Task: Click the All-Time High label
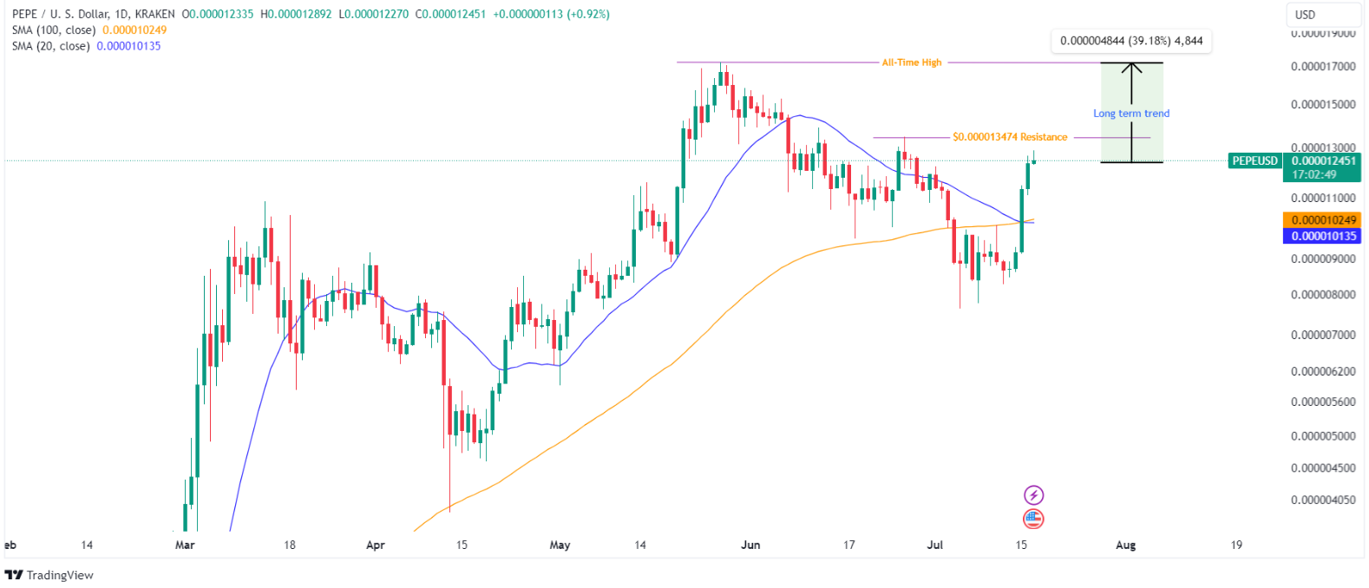pyautogui.click(x=911, y=62)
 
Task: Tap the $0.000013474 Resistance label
pyautogui.click(x=1010, y=137)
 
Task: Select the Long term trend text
pyautogui.click(x=1131, y=114)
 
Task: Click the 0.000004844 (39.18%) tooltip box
pyautogui.click(x=1131, y=41)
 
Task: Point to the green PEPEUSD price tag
pyautogui.click(x=1254, y=160)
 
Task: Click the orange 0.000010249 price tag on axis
pyautogui.click(x=1321, y=220)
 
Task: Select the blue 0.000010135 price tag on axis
pyautogui.click(x=1321, y=236)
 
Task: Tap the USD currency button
pyautogui.click(x=1305, y=15)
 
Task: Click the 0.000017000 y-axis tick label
pyautogui.click(x=1323, y=67)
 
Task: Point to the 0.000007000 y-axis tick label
pyautogui.click(x=1323, y=335)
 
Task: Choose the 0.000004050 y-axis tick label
pyautogui.click(x=1323, y=500)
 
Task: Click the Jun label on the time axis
pyautogui.click(x=750, y=546)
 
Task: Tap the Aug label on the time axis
pyautogui.click(x=1125, y=546)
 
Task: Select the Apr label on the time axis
pyautogui.click(x=375, y=546)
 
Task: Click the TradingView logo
pyautogui.click(x=49, y=575)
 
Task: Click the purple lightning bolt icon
pyautogui.click(x=1033, y=495)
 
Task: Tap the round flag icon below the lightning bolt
pyautogui.click(x=1033, y=519)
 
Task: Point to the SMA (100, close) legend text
pyautogui.click(x=54, y=30)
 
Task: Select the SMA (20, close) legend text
pyautogui.click(x=51, y=46)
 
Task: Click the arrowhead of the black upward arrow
pyautogui.click(x=1131, y=67)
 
